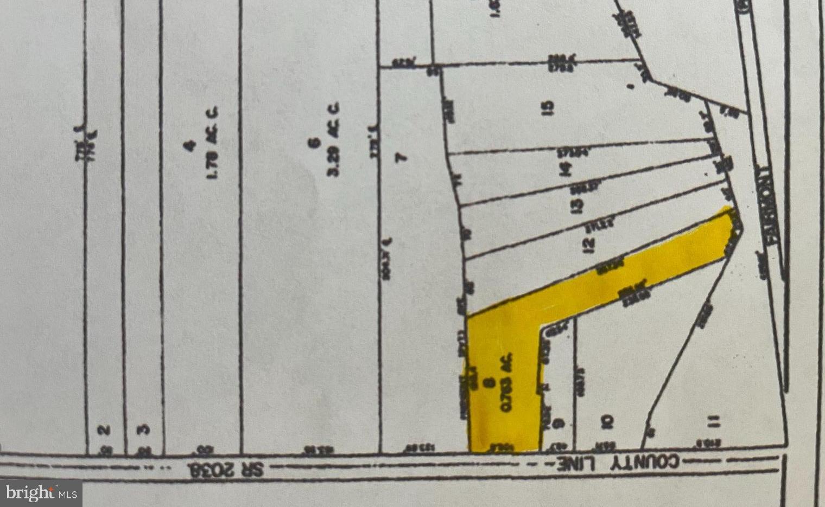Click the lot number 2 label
[x=104, y=430]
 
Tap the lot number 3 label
[x=143, y=430]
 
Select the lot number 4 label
[x=189, y=145]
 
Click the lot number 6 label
[x=313, y=143]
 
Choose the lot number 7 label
[x=401, y=157]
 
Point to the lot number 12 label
[x=588, y=245]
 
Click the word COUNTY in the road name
[x=646, y=463]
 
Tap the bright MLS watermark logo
[x=41, y=493]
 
